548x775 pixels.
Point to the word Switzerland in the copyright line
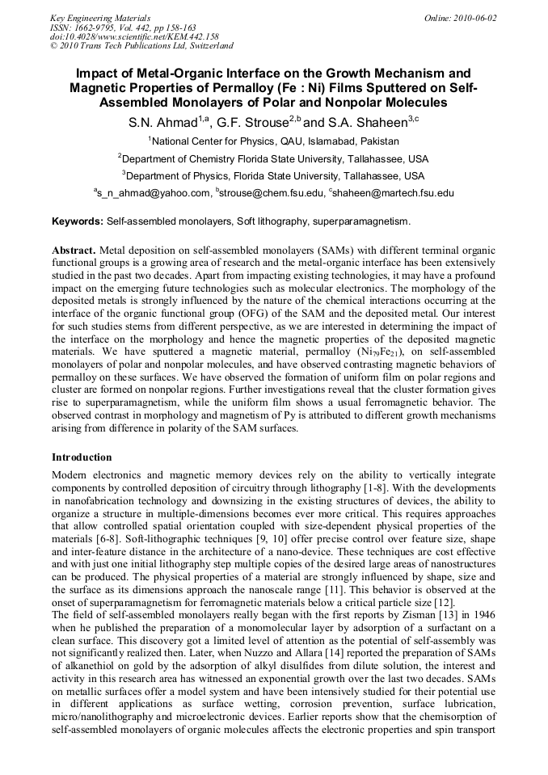coord(205,46)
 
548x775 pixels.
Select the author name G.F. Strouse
coord(262,124)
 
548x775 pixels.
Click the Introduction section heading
coord(82,457)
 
